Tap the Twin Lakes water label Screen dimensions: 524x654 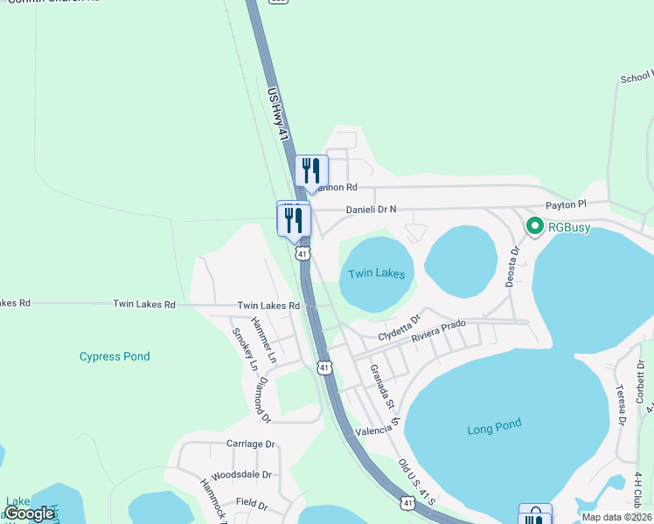(377, 273)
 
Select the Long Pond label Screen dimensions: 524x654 (494, 427)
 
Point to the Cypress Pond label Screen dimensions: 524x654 (115, 356)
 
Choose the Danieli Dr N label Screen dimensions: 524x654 (371, 210)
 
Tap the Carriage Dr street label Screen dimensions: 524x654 (251, 444)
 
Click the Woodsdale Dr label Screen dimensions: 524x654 (242, 475)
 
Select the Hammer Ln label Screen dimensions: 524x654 (264, 340)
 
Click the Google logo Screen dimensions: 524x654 (30, 514)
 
